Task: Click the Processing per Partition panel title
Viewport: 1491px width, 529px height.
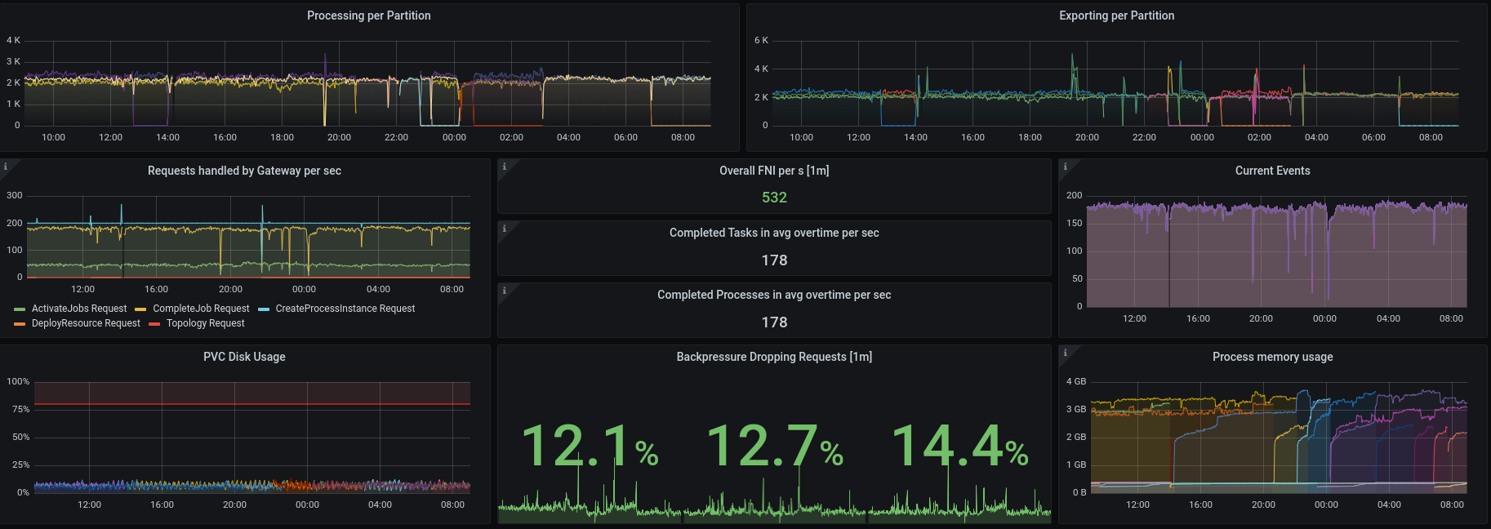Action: (368, 16)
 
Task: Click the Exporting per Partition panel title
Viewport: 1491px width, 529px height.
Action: (1116, 16)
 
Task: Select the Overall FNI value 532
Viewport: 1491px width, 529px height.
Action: (774, 198)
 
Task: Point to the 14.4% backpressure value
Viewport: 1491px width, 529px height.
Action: (959, 447)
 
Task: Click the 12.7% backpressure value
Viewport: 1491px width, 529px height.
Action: (774, 447)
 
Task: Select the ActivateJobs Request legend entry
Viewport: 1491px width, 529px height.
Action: (78, 309)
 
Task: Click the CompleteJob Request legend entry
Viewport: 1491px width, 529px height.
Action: (201, 309)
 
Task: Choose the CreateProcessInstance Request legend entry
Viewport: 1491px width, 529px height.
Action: (345, 309)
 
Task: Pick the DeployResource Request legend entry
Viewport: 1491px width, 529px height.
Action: (86, 323)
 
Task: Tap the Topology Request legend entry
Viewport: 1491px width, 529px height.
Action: (205, 323)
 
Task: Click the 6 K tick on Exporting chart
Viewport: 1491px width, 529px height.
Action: (761, 40)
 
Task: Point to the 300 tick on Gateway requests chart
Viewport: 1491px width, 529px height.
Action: (15, 195)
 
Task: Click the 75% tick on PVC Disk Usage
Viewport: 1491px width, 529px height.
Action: (20, 409)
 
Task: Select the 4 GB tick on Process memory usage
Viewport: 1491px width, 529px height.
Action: (1076, 381)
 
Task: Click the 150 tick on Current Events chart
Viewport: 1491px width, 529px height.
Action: (1074, 223)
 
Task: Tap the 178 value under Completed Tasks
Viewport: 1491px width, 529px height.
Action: (774, 260)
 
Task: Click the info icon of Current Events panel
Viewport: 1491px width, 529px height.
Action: (1065, 167)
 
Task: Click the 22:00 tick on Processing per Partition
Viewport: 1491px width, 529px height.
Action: (396, 137)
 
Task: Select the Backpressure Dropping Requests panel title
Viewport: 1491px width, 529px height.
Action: (774, 357)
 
